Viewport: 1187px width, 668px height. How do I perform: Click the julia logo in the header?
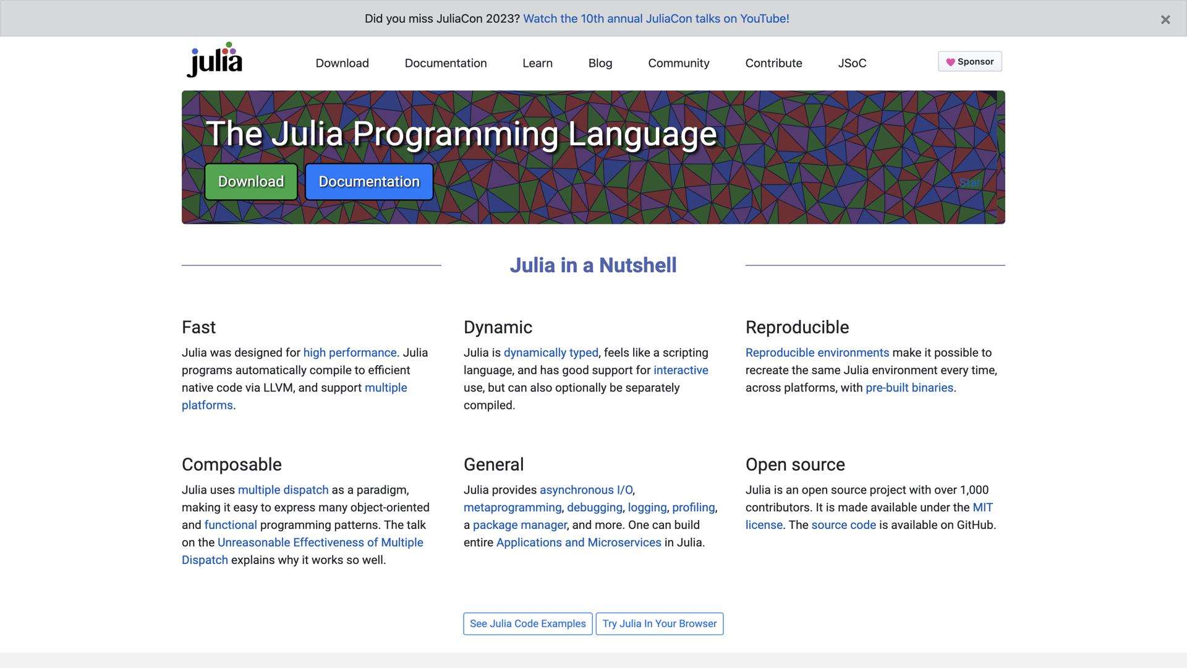click(x=215, y=60)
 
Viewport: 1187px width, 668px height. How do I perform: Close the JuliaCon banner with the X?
click(x=1165, y=20)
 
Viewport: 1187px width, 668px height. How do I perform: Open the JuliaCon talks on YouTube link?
click(x=656, y=19)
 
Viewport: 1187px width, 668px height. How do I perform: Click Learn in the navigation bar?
click(x=537, y=63)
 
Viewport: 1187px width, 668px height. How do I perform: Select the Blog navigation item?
click(x=600, y=63)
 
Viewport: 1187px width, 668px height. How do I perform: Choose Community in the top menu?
click(x=678, y=63)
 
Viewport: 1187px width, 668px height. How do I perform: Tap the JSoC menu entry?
click(x=852, y=63)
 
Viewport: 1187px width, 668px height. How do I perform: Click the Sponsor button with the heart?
click(x=969, y=62)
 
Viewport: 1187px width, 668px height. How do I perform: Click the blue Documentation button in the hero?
click(x=369, y=182)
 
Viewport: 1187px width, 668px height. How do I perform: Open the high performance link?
click(x=350, y=353)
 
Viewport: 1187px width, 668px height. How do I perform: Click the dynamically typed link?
click(x=551, y=353)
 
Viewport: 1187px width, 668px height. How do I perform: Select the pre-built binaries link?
click(x=909, y=388)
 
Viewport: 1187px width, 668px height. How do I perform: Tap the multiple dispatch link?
click(x=283, y=490)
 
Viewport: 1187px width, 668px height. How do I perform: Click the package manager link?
click(x=519, y=525)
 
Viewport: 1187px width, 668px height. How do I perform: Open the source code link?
click(x=843, y=525)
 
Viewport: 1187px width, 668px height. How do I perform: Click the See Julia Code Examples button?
click(x=527, y=623)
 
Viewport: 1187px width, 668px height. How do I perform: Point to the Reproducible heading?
click(x=797, y=327)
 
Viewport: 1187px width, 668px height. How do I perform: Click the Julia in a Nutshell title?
click(x=593, y=265)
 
